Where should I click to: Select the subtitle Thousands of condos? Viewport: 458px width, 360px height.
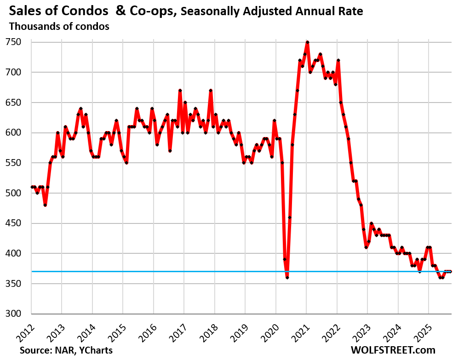[x=59, y=27]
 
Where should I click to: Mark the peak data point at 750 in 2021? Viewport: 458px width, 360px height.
[x=307, y=42]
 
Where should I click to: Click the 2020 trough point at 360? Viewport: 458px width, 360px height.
[x=287, y=277]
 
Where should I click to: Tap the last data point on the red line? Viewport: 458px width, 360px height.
[x=451, y=271]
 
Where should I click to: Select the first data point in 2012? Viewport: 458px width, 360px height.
[x=32, y=187]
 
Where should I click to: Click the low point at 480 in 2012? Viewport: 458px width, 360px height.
[x=45, y=205]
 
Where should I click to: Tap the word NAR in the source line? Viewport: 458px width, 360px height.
[x=64, y=350]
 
